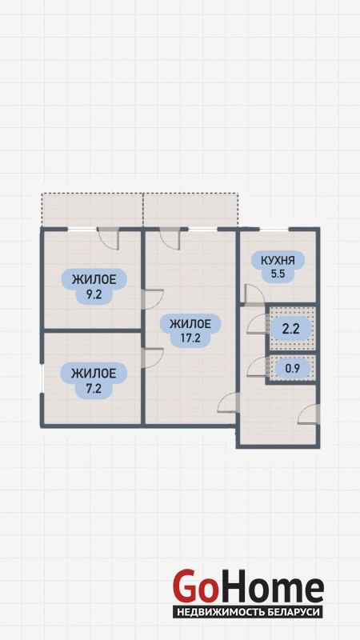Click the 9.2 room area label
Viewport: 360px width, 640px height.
point(94,286)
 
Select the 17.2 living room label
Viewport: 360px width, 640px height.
point(190,331)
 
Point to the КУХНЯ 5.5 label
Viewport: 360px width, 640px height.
point(278,266)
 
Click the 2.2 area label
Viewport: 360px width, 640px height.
point(291,328)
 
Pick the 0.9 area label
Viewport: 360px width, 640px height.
point(292,369)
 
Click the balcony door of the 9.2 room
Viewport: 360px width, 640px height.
point(109,239)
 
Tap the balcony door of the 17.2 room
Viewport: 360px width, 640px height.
point(170,239)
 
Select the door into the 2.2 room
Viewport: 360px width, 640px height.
point(256,325)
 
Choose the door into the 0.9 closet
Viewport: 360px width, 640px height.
point(256,367)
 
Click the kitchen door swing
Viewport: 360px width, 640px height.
point(254,294)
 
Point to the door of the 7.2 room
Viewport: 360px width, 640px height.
point(152,358)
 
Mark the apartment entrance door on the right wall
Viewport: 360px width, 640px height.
point(309,414)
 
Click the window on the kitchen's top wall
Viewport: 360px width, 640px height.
point(274,230)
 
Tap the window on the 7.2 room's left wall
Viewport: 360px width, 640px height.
point(42,378)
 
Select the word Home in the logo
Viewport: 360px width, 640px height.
point(271,586)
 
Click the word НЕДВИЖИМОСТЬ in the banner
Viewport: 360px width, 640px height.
point(222,612)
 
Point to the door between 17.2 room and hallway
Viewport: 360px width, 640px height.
point(228,402)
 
